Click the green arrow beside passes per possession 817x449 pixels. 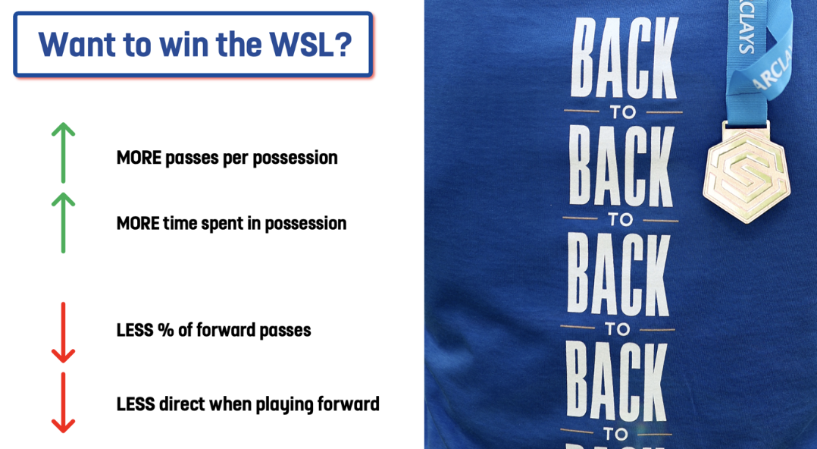63,152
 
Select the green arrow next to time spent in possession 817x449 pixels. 63,223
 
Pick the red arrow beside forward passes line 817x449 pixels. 63,332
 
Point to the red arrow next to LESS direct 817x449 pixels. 63,403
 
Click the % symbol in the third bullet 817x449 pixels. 166,330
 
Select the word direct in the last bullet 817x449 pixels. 181,404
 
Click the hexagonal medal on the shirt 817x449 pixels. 746,177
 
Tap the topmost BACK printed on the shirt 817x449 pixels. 624,58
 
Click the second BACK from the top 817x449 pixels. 621,165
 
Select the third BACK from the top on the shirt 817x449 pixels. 618,274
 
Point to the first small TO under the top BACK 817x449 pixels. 623,112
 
